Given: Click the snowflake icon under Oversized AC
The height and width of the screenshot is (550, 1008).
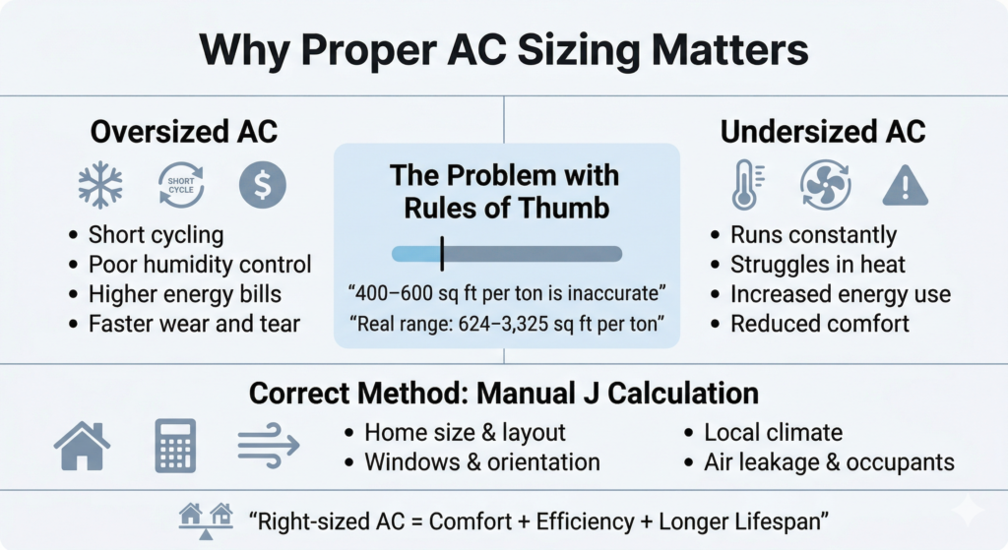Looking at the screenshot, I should point(101,184).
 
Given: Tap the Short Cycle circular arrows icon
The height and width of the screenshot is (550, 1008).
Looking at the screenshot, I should point(180,184).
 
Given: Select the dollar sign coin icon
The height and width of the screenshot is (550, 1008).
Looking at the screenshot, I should point(261,184).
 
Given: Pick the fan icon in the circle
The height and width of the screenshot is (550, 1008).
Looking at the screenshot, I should point(825,184).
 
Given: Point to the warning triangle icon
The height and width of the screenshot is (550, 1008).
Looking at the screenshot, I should point(905,185).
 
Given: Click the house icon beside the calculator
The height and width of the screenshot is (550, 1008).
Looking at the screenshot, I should point(82,446).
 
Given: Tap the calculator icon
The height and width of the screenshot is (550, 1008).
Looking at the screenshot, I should point(175,446).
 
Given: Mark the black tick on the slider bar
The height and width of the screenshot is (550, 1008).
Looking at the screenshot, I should point(442,253).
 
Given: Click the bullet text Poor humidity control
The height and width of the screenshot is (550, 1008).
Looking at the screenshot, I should point(200,265).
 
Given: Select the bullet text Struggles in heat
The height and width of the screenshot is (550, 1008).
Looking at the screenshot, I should point(817,265).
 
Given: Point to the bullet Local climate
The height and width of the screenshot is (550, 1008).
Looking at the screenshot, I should point(773,432).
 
